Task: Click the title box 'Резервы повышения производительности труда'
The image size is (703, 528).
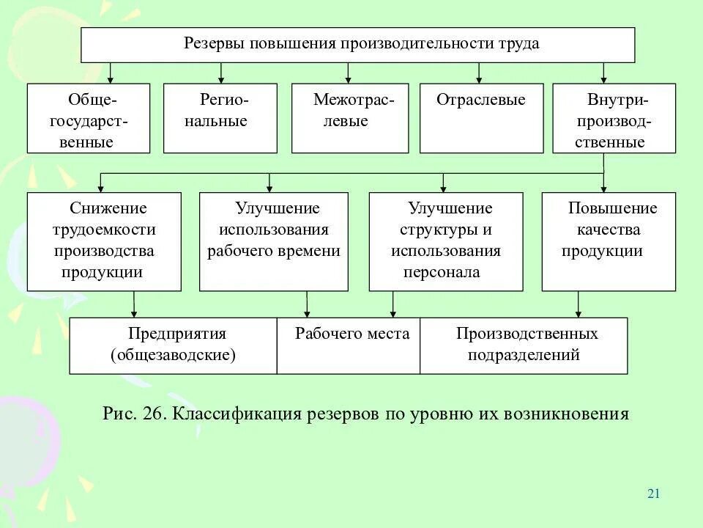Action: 357,45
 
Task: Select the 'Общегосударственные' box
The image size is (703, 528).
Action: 89,119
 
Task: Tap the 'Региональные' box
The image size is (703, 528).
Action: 220,118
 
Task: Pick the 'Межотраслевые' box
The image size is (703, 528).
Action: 349,118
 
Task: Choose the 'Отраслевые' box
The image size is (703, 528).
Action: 481,118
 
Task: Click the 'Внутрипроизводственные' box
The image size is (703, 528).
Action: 614,118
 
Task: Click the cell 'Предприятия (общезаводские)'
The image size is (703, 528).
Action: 174,345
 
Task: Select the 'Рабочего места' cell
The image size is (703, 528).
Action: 349,345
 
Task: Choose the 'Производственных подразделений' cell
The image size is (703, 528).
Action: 524,345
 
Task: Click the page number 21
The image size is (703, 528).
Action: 654,494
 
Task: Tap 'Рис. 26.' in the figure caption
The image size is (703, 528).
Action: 135,414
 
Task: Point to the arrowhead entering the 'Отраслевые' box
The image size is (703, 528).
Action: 479,79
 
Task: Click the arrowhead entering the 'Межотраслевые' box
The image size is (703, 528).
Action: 349,79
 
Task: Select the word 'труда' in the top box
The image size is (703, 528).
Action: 520,44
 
